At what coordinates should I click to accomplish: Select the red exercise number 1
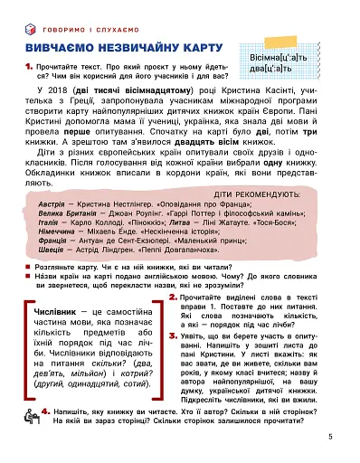pyautogui.click(x=30, y=64)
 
